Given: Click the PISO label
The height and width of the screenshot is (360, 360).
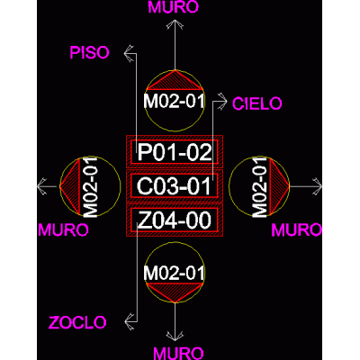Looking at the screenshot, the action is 89,53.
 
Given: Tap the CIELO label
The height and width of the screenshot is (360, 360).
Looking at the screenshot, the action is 257,103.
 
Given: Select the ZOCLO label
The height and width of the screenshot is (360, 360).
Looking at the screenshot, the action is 77,323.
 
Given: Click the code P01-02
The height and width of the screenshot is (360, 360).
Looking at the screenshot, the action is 175,152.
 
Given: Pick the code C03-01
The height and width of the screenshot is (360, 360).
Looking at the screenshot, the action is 174,186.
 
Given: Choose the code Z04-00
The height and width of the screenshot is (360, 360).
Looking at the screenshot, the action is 175,220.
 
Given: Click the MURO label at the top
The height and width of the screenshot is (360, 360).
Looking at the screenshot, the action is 174,7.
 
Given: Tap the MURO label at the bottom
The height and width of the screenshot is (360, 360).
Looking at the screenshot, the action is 179,354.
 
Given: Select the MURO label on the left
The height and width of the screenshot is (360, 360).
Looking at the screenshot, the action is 63,230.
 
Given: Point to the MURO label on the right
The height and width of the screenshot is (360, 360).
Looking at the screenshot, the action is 296,230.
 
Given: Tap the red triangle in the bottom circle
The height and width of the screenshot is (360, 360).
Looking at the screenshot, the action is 175,291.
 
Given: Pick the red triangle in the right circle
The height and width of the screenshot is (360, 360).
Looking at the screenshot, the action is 277,186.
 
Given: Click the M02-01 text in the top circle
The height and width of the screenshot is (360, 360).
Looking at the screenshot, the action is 174,101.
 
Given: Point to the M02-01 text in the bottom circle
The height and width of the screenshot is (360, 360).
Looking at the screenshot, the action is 174,273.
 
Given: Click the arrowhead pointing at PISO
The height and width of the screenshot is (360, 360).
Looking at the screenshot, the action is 129,53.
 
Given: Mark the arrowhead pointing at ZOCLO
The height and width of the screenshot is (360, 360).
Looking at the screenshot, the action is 129,322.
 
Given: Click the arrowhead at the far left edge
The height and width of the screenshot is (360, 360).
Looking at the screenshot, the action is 42,186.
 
